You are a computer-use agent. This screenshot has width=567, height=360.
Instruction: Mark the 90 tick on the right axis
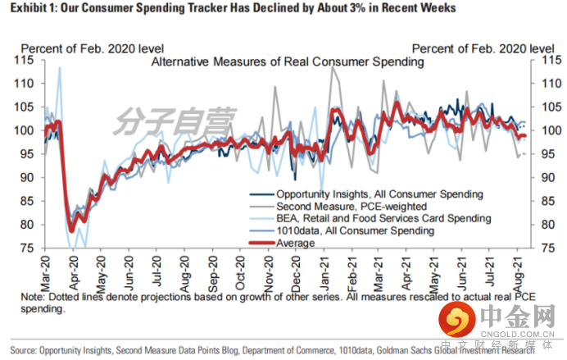click(543, 177)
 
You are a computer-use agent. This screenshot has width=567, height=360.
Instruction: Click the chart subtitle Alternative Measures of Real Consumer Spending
click(287, 62)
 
